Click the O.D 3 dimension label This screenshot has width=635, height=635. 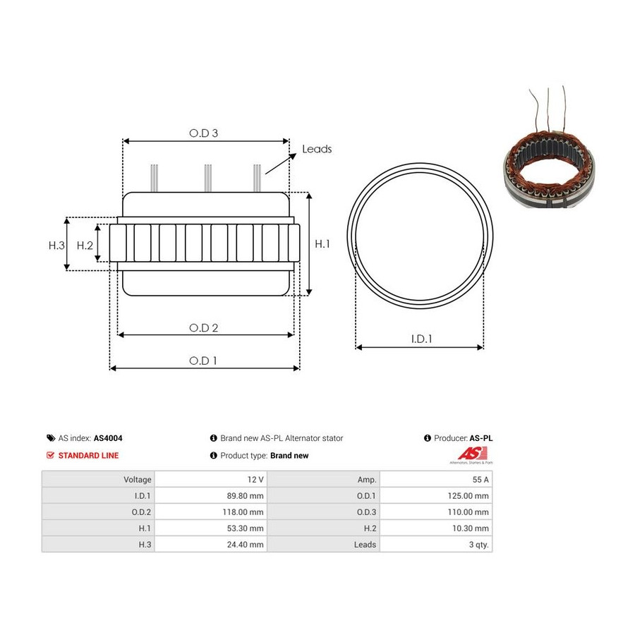[x=203, y=133]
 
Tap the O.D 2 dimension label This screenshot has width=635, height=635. [x=203, y=327]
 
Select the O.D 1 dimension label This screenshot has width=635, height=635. [x=203, y=361]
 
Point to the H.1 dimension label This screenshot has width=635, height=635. [x=322, y=244]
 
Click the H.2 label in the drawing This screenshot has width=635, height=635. [x=85, y=246]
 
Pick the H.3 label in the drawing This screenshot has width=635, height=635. [x=56, y=246]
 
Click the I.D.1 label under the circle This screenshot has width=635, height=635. [x=422, y=339]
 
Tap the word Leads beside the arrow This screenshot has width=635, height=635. [x=317, y=149]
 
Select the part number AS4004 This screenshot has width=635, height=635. [x=108, y=438]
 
